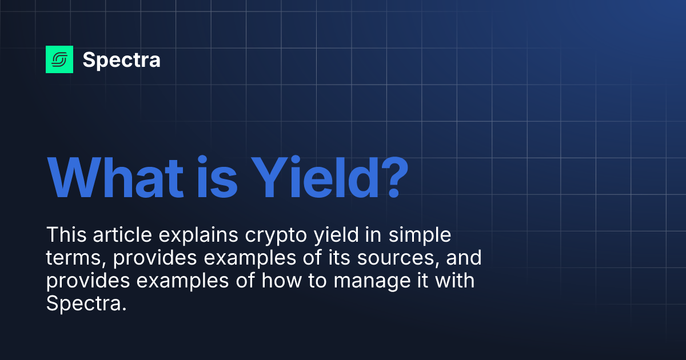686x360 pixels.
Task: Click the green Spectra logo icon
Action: pos(59,59)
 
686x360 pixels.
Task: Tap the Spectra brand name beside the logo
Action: pos(121,59)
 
